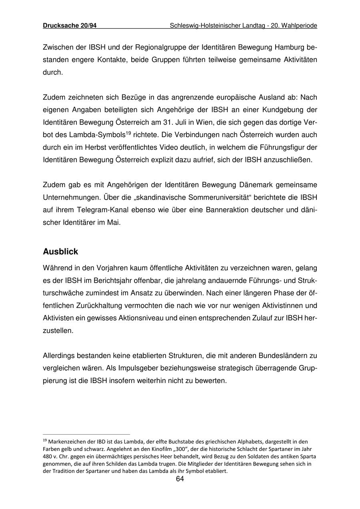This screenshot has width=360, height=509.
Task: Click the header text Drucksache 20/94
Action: point(70,26)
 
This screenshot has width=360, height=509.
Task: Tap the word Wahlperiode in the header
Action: point(299,26)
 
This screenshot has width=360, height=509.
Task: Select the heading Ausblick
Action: point(60,252)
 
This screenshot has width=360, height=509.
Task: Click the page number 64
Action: point(180,479)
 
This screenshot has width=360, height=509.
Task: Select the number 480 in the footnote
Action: point(48,457)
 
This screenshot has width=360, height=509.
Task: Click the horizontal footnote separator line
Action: point(86,434)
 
